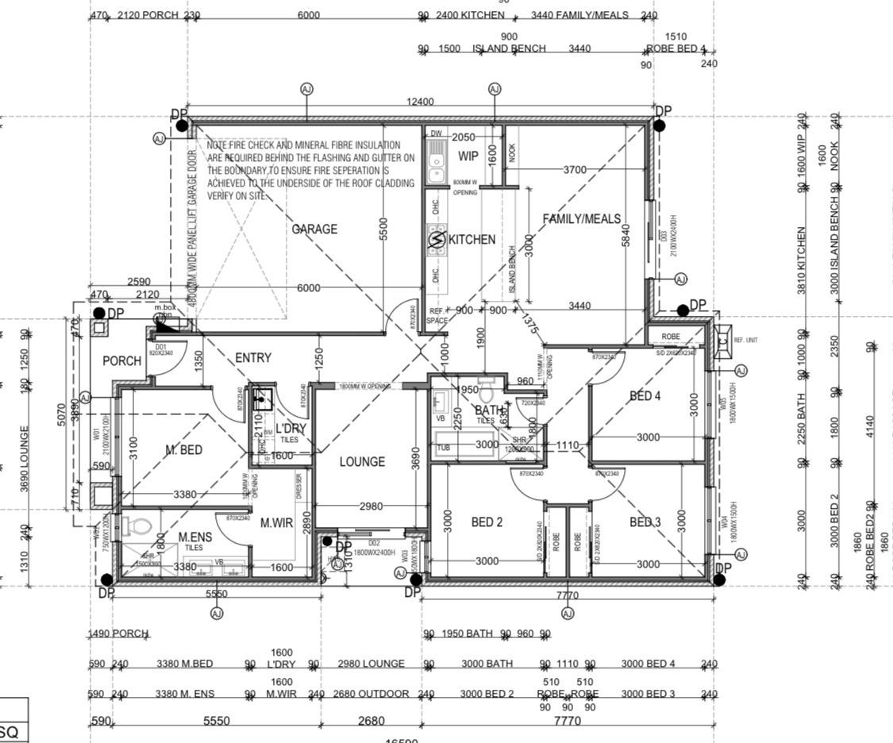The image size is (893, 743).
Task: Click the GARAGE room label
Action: click(x=314, y=229)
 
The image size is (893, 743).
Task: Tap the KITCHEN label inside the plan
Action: click(x=472, y=239)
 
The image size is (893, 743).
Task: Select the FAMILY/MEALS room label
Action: click(x=581, y=219)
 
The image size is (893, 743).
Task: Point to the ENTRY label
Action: click(x=253, y=358)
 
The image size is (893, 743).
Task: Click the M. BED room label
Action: click(x=183, y=449)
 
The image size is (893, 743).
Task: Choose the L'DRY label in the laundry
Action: click(x=291, y=429)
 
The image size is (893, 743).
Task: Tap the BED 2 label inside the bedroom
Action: click(x=487, y=522)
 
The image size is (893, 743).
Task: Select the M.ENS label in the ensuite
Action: click(x=194, y=537)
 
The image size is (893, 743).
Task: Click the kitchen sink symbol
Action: click(x=436, y=164)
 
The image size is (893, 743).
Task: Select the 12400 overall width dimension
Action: click(x=420, y=102)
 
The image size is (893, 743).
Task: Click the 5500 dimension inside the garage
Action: click(x=383, y=229)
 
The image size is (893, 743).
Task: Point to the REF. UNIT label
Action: click(x=745, y=340)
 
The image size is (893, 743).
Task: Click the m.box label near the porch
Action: click(x=165, y=307)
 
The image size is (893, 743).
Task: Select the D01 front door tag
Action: click(x=161, y=347)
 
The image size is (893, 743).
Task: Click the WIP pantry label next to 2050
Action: click(x=468, y=156)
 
